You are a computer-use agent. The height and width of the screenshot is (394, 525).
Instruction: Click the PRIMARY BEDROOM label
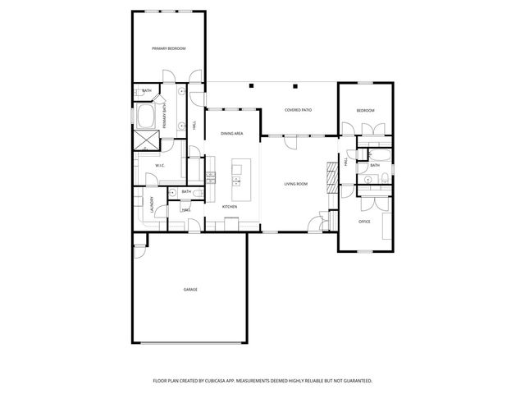coord(168,49)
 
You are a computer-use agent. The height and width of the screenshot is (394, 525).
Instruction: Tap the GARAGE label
coord(190,289)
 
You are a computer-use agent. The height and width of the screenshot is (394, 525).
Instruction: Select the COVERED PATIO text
coord(298,110)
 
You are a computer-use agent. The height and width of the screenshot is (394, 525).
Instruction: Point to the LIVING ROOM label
coord(296,184)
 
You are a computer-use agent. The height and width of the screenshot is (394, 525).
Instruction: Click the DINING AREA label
coord(232,133)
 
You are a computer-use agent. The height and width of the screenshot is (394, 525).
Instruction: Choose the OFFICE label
coord(365,222)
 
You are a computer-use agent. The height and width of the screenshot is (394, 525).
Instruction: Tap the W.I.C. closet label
coord(161,166)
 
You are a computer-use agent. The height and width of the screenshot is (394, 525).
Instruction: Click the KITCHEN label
coord(230,207)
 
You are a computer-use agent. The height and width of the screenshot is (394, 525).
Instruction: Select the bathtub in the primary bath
coord(148,116)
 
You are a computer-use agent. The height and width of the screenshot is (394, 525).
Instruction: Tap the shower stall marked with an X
coord(148,140)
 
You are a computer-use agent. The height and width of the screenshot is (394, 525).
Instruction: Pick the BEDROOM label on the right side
coord(365,111)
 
